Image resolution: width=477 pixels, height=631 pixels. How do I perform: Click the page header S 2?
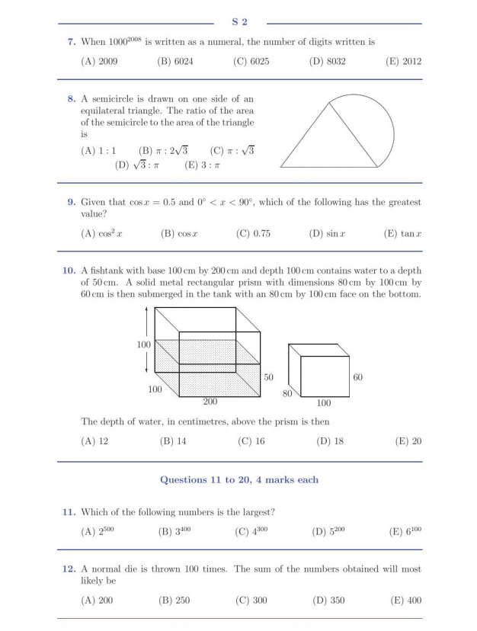point(239,22)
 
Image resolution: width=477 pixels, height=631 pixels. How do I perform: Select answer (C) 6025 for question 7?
point(251,62)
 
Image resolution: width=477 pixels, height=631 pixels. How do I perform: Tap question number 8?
point(71,99)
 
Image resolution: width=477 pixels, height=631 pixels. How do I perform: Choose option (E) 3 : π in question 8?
point(202,164)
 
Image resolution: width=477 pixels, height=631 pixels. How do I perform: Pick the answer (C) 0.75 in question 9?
point(253,234)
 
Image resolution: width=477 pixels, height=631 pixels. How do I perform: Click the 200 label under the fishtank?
point(211,400)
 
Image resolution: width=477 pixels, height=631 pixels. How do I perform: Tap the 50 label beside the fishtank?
point(268,376)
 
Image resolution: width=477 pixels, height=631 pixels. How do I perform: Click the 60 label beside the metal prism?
point(358,376)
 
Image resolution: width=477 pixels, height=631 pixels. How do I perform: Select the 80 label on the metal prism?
point(287,393)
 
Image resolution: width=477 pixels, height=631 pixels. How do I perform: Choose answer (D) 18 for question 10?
point(329,440)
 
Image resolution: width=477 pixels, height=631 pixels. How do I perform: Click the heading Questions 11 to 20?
point(239,479)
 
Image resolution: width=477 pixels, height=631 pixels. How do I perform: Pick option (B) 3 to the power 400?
point(174,532)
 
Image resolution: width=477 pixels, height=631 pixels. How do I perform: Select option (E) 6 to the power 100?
point(406,532)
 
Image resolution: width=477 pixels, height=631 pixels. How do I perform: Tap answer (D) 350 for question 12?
point(328,601)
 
